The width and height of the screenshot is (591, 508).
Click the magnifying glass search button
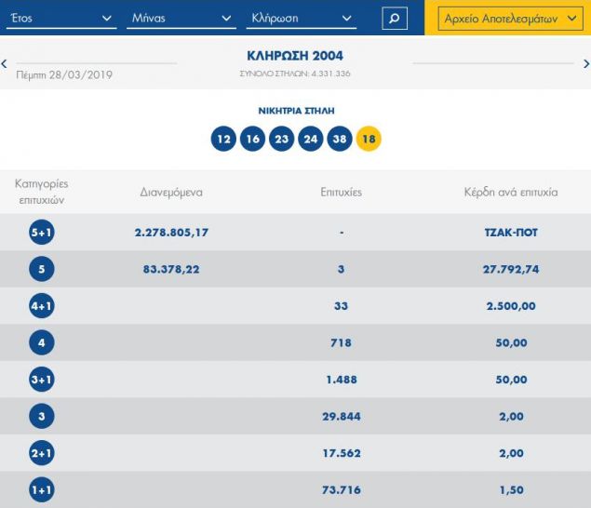pos(395,18)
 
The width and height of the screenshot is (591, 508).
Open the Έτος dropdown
pos(61,18)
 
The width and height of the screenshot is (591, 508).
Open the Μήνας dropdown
pos(182,18)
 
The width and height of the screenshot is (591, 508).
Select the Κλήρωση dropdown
pos(302,18)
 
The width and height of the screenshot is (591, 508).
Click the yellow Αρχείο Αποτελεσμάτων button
pos(507,18)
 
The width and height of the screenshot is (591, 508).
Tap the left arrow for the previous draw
pos(5,63)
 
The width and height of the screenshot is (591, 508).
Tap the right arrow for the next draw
pos(585,63)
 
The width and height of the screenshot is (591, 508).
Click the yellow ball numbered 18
pos(369,140)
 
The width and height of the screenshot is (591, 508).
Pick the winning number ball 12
pos(222,140)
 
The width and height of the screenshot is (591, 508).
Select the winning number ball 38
pos(340,140)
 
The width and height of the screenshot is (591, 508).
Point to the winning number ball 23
pos(281,140)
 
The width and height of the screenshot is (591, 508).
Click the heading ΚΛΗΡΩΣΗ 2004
pos(294,57)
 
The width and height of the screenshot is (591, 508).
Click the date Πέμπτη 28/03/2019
pos(65,74)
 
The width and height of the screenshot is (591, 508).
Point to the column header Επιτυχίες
pos(340,193)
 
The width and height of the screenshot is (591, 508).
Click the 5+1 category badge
pos(42,233)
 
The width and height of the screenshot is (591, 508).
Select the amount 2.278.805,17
pos(171,233)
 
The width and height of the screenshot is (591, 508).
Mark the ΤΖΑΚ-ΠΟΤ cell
pos(510,233)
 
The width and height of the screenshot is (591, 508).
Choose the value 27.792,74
pos(510,270)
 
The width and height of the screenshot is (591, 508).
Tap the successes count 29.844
pos(341,417)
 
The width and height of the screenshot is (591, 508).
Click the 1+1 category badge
pos(42,490)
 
